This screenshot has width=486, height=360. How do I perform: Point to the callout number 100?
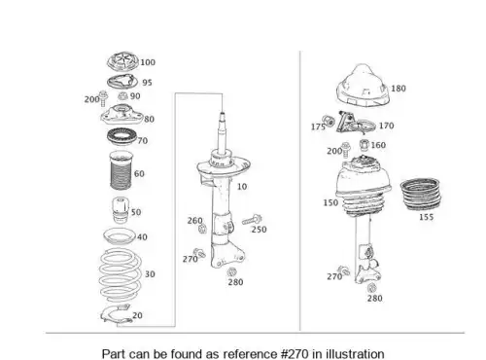[x=148, y=62]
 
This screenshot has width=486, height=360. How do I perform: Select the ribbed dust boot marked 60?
[x=121, y=171]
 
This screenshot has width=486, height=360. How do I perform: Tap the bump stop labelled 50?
[x=121, y=210]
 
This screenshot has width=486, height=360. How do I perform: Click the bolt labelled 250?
[x=252, y=220]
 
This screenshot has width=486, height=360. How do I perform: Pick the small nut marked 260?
[x=203, y=229]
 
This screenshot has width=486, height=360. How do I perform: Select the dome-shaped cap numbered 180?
[x=363, y=85]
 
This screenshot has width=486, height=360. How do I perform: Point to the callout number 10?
[x=242, y=187]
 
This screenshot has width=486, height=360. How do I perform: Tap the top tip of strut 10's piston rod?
[x=223, y=113]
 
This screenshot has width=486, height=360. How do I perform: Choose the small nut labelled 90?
[x=122, y=95]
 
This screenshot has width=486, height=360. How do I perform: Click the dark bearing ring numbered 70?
[x=121, y=136]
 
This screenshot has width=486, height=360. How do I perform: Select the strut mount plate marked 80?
[x=121, y=116]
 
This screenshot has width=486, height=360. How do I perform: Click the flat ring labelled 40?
[x=119, y=236]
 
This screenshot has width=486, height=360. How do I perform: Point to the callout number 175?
[x=318, y=126]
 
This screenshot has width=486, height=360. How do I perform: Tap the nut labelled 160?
[x=364, y=145]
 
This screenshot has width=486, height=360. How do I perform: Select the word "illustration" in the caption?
[x=355, y=354]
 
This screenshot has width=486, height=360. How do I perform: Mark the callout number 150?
[x=330, y=202]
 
